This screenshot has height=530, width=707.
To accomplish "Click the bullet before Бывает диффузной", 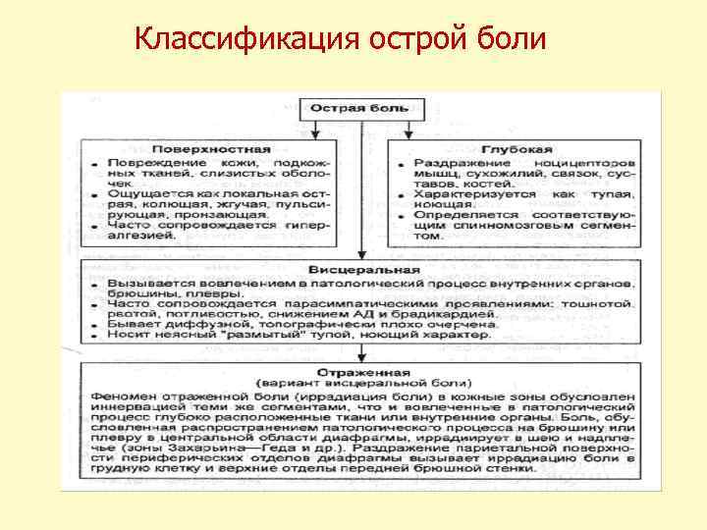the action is (x=89, y=323).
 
